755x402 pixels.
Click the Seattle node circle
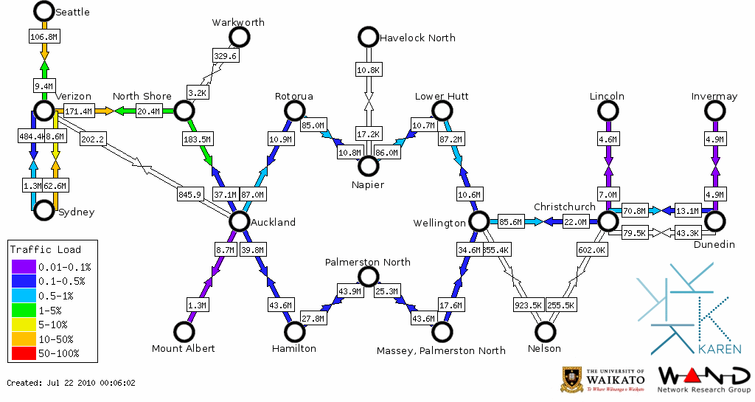(44, 11)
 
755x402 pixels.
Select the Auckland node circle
(239, 221)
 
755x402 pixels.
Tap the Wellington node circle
(479, 221)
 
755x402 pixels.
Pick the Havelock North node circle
(368, 37)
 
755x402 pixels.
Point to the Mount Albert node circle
(184, 332)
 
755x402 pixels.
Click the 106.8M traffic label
(44, 36)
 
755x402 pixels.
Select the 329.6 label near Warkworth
(225, 56)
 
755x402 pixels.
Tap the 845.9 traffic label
(189, 195)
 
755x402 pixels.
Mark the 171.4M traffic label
(78, 111)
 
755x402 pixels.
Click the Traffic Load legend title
(46, 249)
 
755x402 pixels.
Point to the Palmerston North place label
(368, 262)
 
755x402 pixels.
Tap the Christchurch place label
(564, 207)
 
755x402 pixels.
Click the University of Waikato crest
(573, 379)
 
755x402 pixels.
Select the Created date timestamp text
(72, 383)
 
